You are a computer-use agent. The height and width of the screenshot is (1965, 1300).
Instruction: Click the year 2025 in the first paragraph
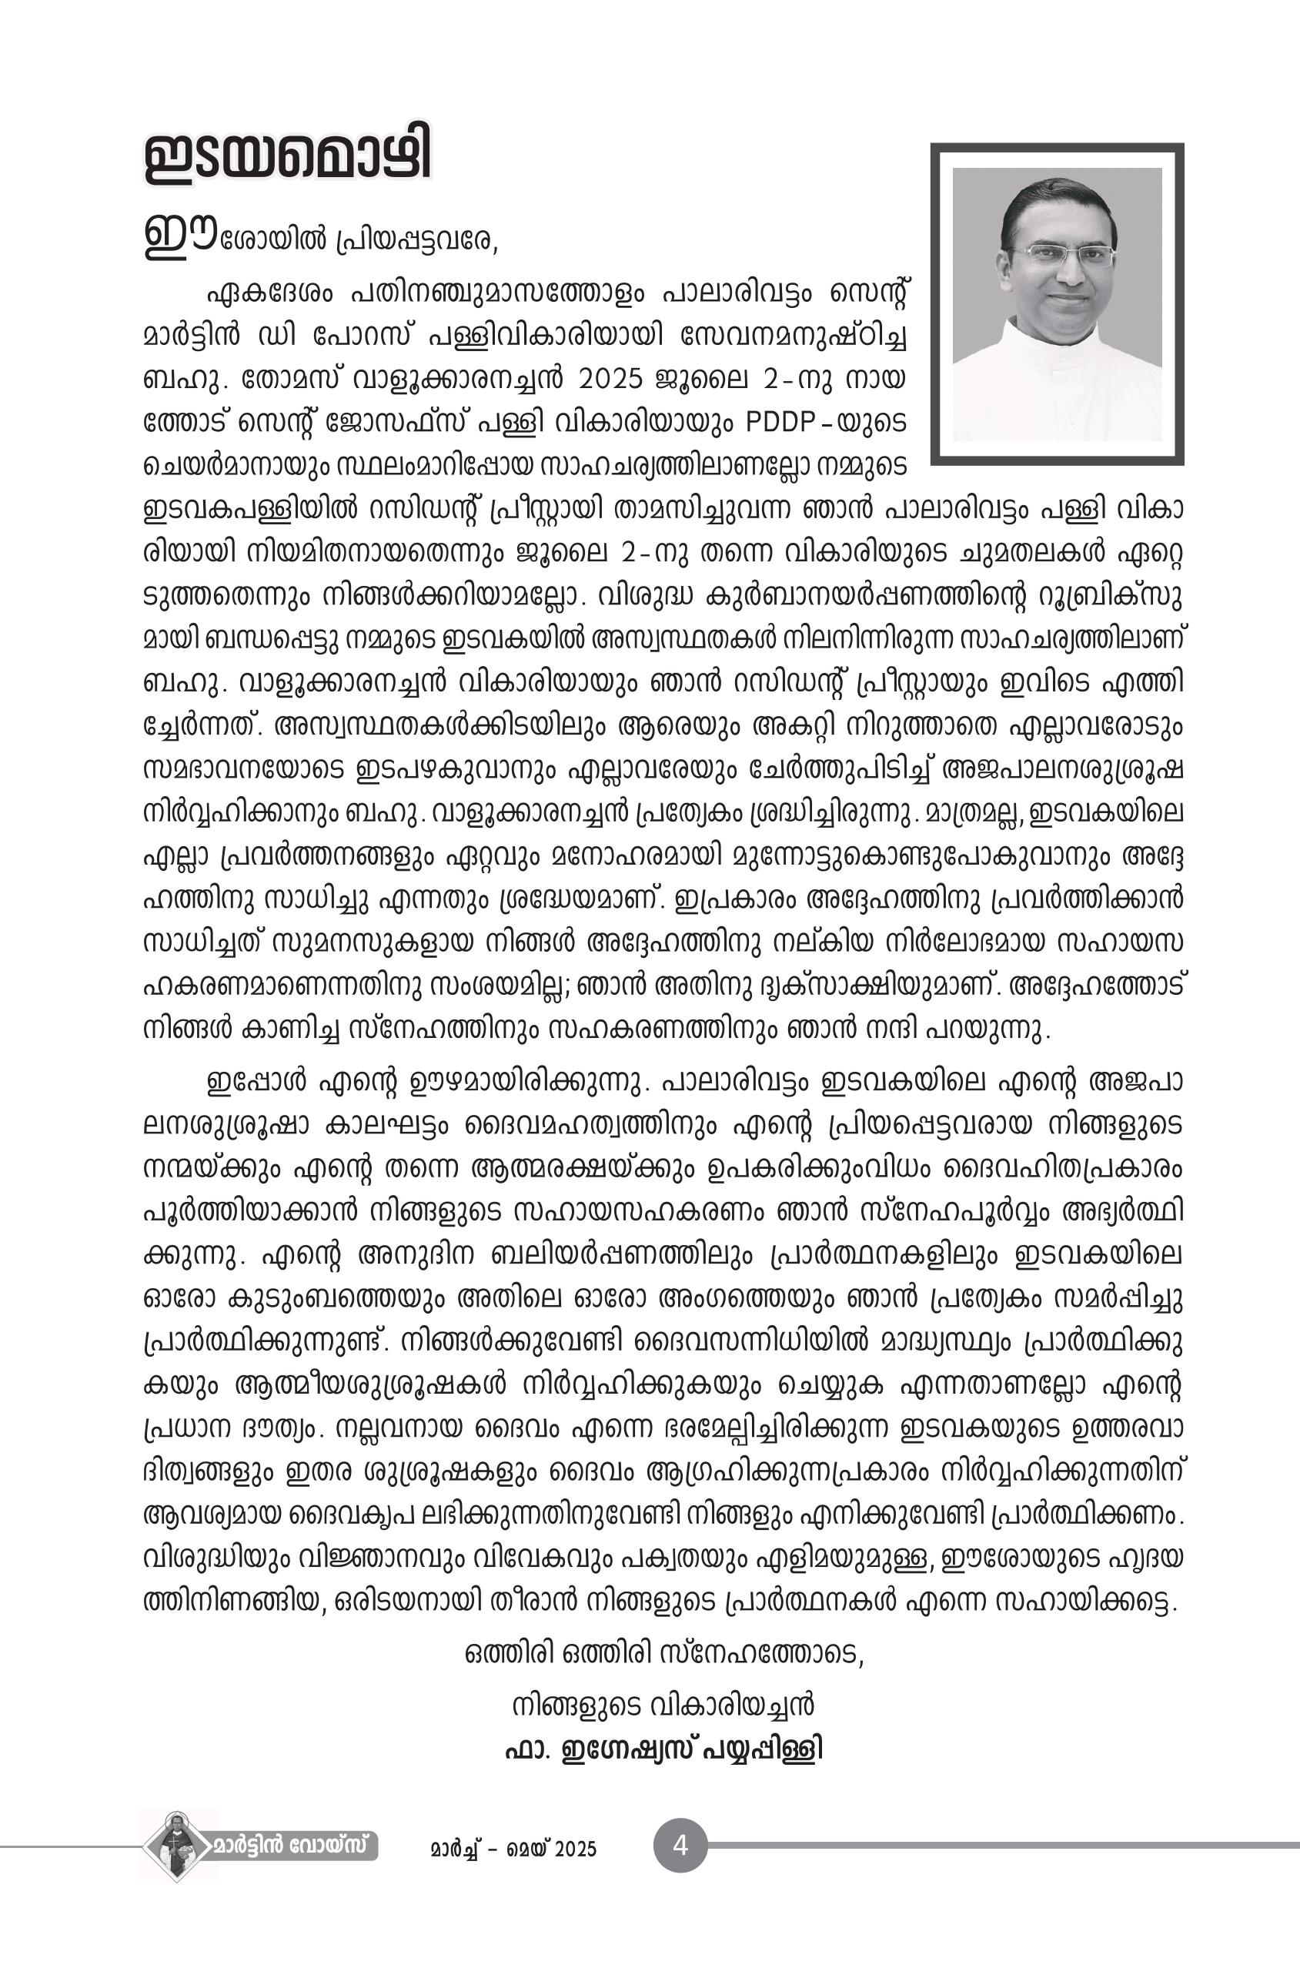click(x=610, y=379)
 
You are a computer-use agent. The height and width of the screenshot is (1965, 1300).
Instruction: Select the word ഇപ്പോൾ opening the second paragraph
click(x=256, y=1083)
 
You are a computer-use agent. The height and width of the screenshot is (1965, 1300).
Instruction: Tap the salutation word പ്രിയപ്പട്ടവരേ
click(x=416, y=240)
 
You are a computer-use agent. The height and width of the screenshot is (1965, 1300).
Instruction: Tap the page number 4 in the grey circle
click(x=680, y=1846)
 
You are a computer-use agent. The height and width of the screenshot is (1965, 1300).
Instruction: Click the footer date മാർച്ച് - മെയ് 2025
click(x=513, y=1849)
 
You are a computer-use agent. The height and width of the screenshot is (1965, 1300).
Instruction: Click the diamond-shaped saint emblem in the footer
click(x=176, y=1846)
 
